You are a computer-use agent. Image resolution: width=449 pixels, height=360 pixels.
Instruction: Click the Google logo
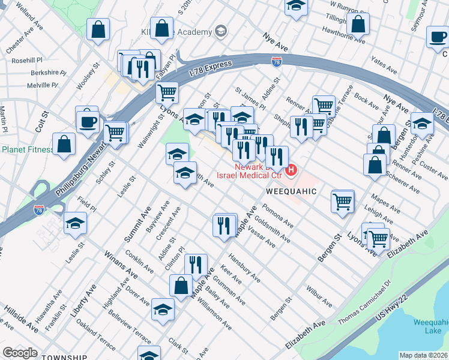coord(20,353)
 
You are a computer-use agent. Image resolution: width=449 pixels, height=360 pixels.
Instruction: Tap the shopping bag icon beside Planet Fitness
coord(64,145)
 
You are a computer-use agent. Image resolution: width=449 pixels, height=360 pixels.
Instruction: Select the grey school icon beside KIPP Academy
coord(221,31)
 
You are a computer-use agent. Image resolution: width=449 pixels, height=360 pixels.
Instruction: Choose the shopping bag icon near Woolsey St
coord(98,29)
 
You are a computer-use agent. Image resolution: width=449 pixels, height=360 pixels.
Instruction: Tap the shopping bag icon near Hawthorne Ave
coord(358,25)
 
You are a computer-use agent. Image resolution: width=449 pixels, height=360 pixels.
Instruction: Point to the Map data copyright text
coord(423,355)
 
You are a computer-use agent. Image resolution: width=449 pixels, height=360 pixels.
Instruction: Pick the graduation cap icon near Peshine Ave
coord(423,123)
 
